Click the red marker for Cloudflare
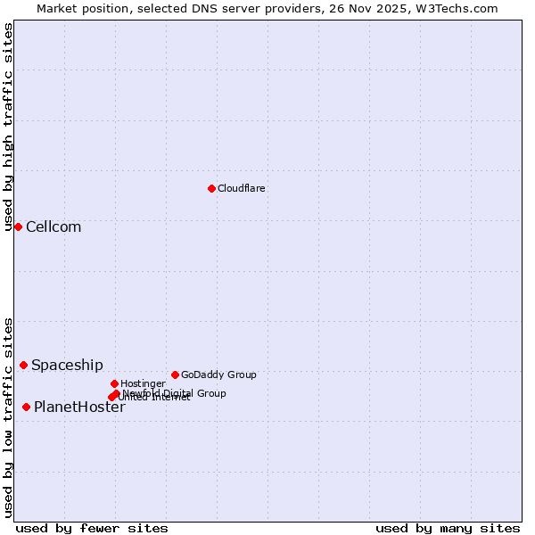click(211, 188)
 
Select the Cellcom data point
click(18, 226)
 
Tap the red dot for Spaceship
click(23, 365)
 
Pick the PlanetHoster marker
click(26, 407)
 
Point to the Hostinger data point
click(114, 383)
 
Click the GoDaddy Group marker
click(175, 374)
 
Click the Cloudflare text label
click(241, 188)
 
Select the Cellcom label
click(53, 226)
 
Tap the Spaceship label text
click(67, 365)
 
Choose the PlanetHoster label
click(79, 407)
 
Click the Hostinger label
click(143, 383)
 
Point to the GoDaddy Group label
click(218, 374)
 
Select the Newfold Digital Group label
click(175, 392)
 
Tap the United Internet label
click(157, 398)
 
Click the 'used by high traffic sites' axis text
click(8, 127)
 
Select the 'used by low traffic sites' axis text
click(8, 416)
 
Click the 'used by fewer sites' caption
click(92, 528)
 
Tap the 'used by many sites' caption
click(448, 528)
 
